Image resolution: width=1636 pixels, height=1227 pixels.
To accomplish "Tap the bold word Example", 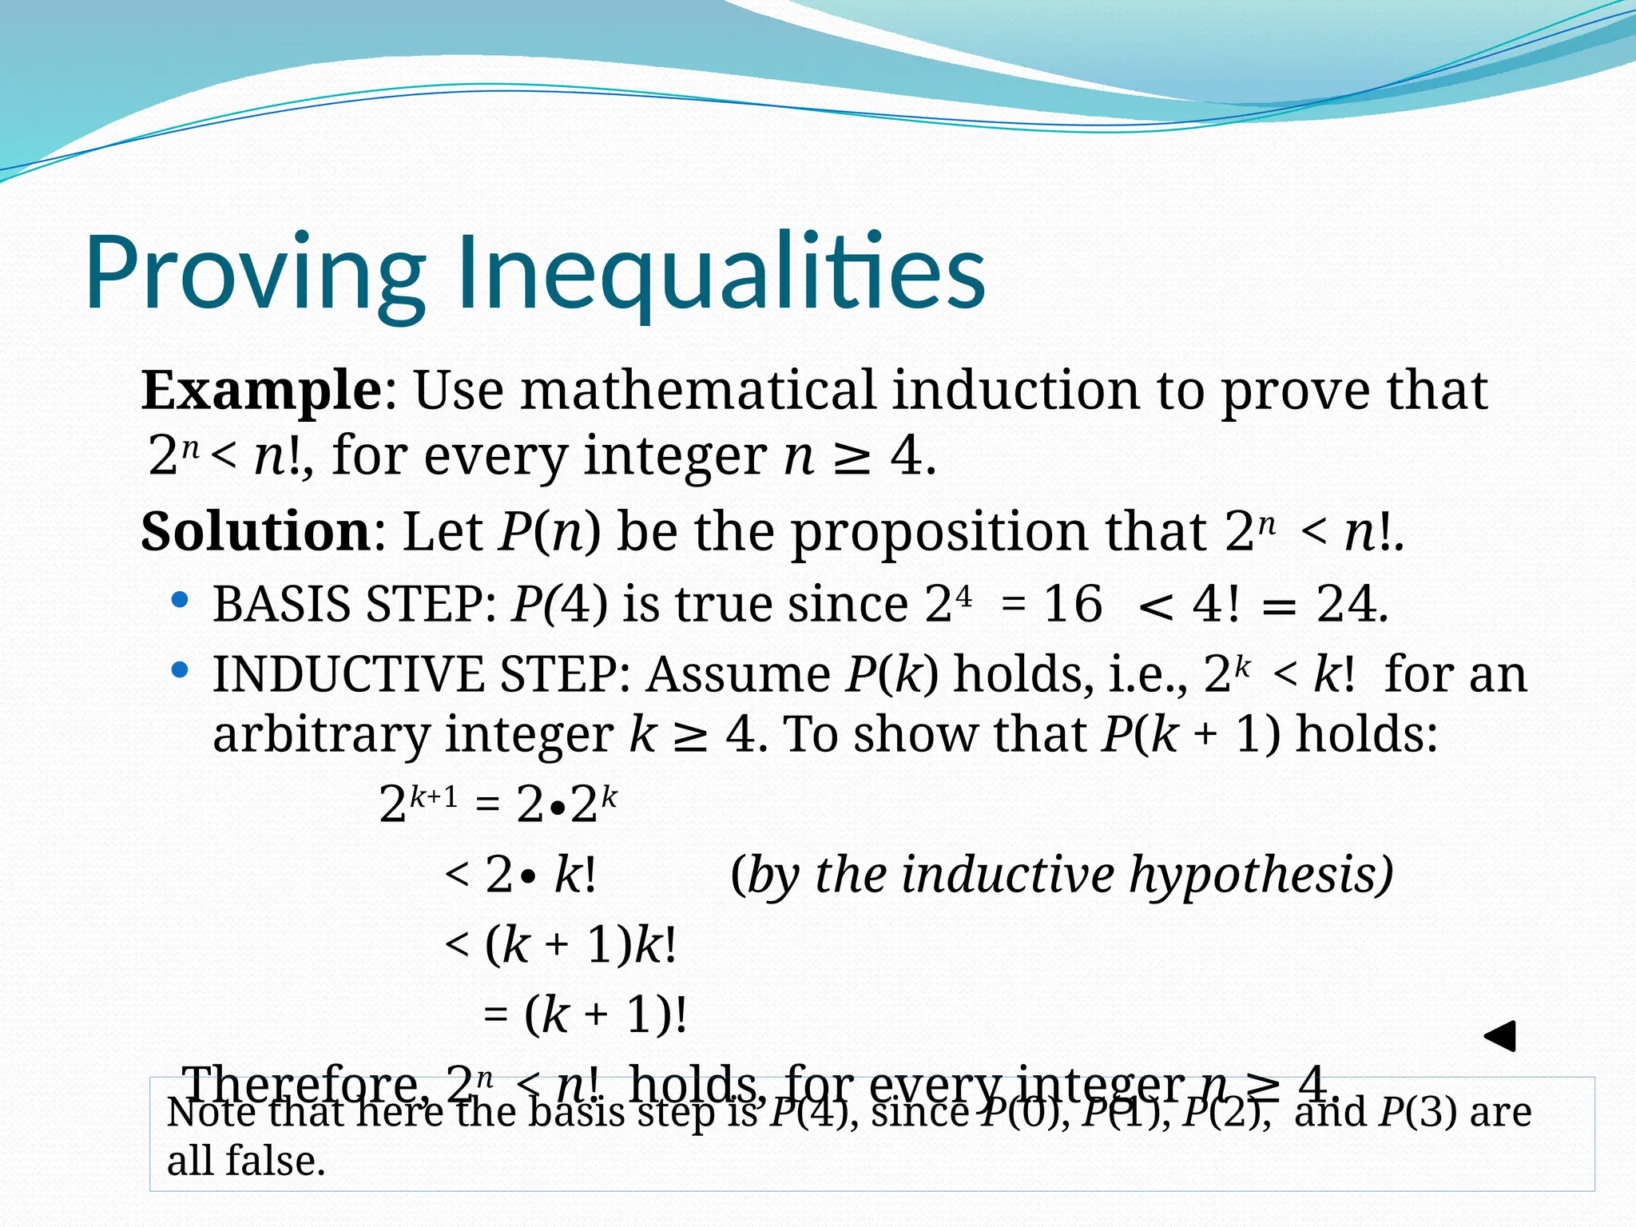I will click(x=261, y=391).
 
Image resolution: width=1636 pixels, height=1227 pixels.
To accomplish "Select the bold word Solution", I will click(x=256, y=531).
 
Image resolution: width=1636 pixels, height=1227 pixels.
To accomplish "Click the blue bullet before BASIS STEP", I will click(x=181, y=599).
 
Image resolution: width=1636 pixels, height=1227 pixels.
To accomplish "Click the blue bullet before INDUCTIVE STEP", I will click(x=181, y=669).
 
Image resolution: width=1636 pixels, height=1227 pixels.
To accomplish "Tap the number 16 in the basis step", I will click(x=1073, y=604).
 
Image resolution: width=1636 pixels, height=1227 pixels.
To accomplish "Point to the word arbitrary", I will click(x=320, y=735).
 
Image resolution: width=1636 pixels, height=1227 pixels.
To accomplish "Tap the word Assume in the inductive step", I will click(x=738, y=674).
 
